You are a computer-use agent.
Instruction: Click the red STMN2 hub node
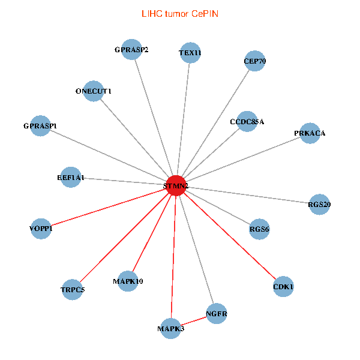click(x=175, y=185)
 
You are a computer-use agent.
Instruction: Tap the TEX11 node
click(x=190, y=53)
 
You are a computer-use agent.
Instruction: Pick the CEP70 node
click(x=255, y=61)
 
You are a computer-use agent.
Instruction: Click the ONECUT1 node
click(x=94, y=91)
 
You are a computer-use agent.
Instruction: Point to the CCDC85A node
click(x=247, y=121)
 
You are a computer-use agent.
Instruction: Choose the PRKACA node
click(x=310, y=133)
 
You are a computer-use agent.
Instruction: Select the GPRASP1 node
click(x=40, y=126)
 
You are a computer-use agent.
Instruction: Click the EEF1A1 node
click(x=71, y=178)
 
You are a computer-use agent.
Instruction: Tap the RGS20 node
click(x=319, y=205)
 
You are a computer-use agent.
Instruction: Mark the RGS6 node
click(x=259, y=229)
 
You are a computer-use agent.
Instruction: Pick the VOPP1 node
click(x=41, y=229)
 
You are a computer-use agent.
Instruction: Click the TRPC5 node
click(x=73, y=290)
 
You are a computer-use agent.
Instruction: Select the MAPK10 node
click(x=128, y=281)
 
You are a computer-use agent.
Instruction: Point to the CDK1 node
click(x=283, y=287)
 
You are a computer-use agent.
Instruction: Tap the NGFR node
click(x=217, y=314)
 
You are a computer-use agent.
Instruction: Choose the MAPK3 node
click(x=171, y=329)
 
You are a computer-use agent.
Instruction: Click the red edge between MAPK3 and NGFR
click(x=194, y=321)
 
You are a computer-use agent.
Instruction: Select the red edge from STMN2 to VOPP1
click(x=108, y=207)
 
